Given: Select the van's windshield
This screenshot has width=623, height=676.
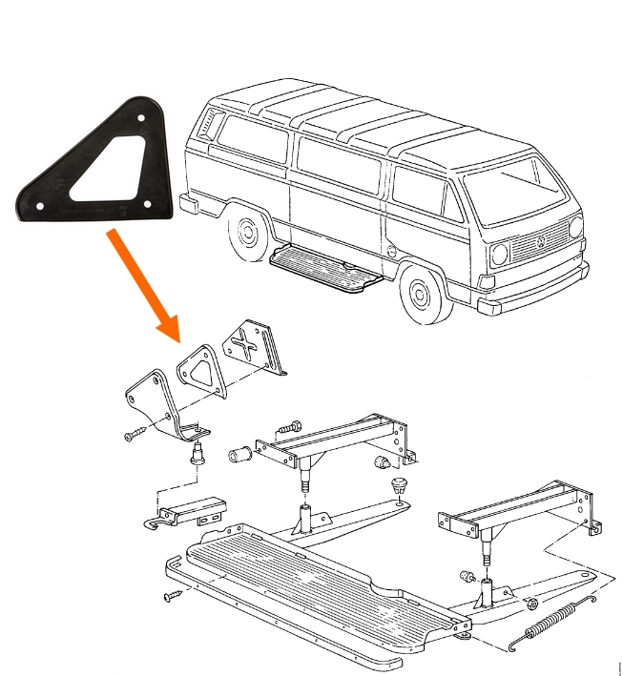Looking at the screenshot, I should point(521,187).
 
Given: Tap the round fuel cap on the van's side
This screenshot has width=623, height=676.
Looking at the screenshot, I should point(392,249).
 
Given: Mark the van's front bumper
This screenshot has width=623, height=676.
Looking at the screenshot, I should point(534,290).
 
